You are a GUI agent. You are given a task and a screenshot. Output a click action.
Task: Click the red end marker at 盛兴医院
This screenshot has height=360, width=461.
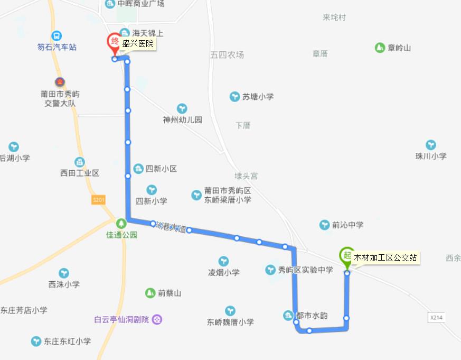(114, 43)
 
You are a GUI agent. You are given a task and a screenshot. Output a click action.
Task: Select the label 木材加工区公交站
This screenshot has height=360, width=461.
(385, 258)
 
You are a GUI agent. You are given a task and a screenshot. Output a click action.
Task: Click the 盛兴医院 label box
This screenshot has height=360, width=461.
(138, 44)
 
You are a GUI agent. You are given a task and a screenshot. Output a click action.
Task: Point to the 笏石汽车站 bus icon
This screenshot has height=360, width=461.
(57, 36)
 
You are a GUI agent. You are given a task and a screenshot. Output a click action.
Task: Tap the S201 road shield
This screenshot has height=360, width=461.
(99, 200)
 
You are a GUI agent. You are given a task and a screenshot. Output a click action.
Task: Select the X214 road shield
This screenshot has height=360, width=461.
(436, 317)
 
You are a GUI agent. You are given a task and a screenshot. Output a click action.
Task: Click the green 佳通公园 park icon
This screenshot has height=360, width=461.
(121, 223)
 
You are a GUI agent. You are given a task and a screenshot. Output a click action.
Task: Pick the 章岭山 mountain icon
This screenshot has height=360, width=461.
(379, 48)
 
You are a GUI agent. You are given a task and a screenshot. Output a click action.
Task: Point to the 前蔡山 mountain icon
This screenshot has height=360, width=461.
(150, 293)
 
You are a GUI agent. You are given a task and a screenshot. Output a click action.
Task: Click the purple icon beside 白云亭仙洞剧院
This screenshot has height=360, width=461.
(157, 319)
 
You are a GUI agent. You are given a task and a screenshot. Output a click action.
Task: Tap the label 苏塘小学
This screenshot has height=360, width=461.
(258, 97)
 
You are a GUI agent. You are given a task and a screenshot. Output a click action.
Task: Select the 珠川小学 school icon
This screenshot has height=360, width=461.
(431, 145)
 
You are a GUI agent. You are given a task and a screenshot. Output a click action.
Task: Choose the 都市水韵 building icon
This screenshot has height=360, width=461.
(288, 316)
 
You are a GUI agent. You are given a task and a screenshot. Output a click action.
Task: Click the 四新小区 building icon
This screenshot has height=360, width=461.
(138, 169)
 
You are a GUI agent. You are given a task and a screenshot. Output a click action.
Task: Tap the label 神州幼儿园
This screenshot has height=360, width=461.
(183, 120)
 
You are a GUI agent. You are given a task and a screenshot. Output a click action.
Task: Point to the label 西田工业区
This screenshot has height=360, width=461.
(80, 173)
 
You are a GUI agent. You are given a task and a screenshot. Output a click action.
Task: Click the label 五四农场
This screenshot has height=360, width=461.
(227, 54)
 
